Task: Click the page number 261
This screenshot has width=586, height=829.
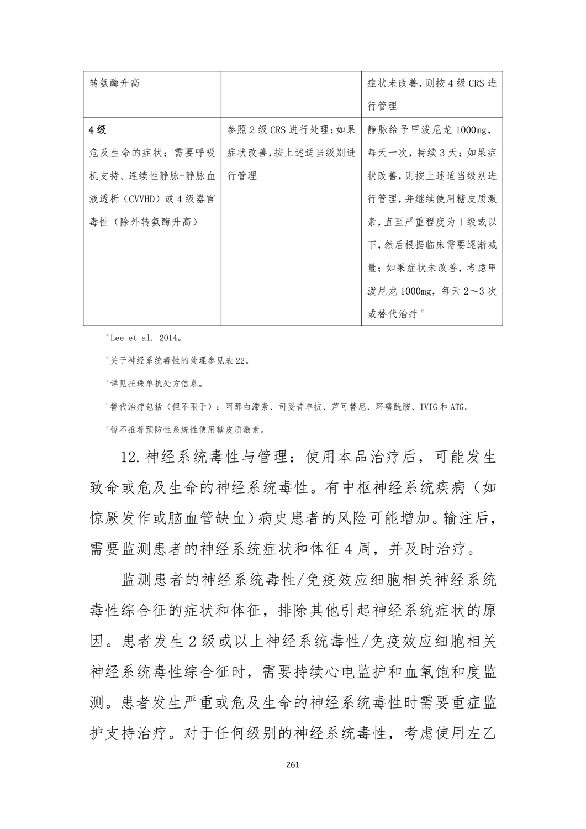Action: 293,765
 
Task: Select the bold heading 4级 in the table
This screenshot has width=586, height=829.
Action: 97,130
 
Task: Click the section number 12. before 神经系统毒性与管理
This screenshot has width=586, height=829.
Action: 132,458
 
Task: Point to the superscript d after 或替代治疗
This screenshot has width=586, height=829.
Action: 422,312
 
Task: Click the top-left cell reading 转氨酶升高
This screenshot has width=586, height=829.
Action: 114,83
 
